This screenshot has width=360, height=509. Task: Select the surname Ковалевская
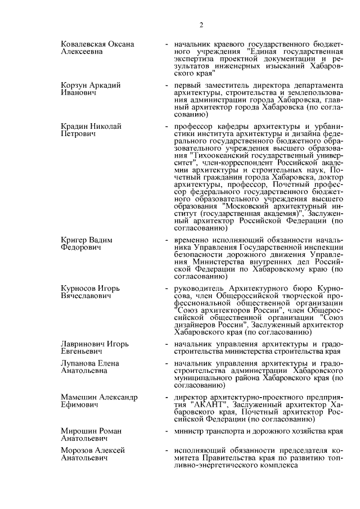pyautogui.click(x=85, y=44)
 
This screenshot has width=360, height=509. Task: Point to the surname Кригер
pyautogui.click(x=75, y=240)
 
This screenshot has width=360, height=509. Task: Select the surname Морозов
pyautogui.click(x=78, y=451)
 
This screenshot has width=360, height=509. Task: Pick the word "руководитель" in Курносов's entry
pyautogui.click(x=198, y=289)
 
